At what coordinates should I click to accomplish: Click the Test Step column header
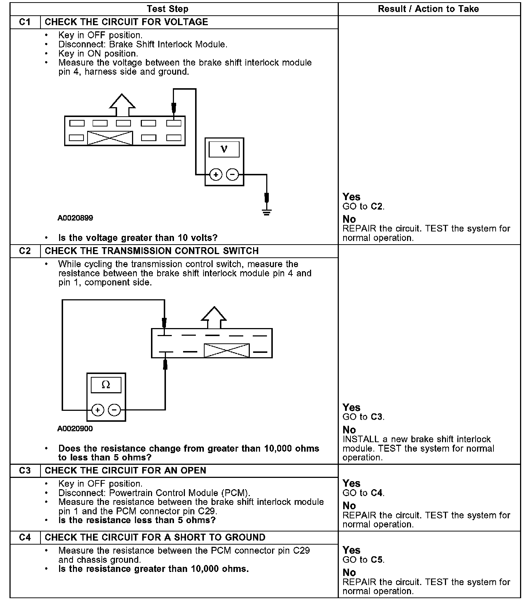[x=167, y=9]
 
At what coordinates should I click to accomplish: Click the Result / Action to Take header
[x=428, y=9]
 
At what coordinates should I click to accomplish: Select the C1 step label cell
[x=25, y=22]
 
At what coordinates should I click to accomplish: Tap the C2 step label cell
[x=25, y=251]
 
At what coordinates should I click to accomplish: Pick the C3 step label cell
[x=25, y=471]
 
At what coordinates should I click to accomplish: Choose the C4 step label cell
[x=25, y=538]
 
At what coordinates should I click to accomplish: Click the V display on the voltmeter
[x=224, y=149]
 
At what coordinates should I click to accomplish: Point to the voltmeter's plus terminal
[x=216, y=175]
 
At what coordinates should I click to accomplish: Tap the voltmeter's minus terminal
[x=233, y=175]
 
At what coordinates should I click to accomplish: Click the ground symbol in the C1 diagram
[x=267, y=212]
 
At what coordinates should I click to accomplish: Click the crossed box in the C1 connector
[x=110, y=138]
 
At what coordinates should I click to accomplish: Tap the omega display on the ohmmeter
[x=106, y=385]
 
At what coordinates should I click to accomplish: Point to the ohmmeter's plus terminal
[x=97, y=410]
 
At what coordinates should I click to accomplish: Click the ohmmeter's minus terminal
[x=115, y=410]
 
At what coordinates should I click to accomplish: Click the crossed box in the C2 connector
[x=226, y=351]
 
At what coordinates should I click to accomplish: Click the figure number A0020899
[x=75, y=218]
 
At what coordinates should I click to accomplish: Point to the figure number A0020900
[x=75, y=429]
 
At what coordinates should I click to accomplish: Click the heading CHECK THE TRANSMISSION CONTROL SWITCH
[x=152, y=251]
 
